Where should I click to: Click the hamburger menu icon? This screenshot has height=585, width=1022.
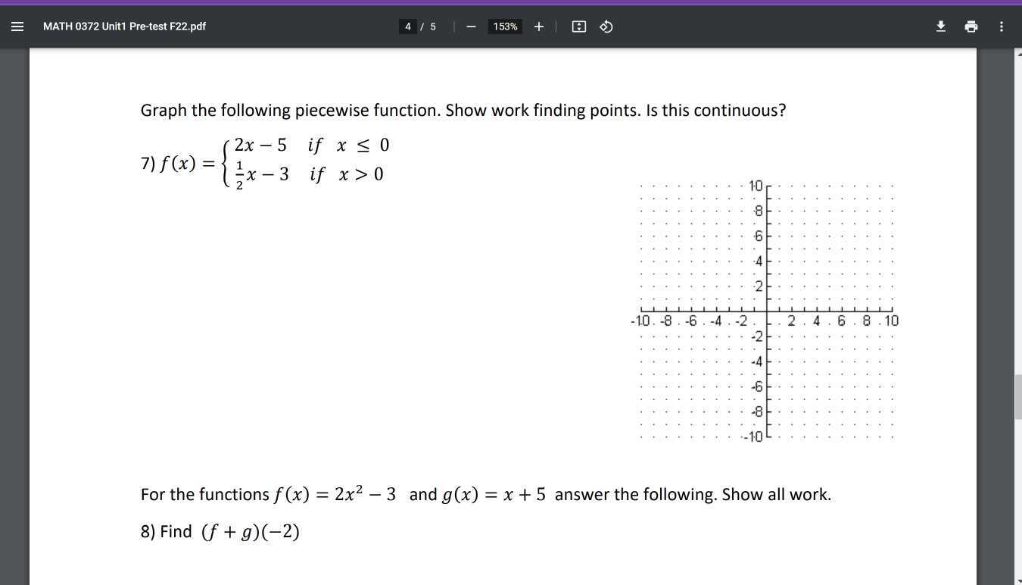pos(17,27)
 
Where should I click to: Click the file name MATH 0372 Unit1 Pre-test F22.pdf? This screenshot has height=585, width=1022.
pos(124,27)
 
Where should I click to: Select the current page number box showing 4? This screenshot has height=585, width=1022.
pos(408,27)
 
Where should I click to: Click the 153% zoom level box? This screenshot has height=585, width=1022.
pos(505,27)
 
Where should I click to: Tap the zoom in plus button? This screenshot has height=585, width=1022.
pos(538,27)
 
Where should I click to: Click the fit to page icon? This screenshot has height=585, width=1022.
pos(579,27)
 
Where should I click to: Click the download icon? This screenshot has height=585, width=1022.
pos(941,27)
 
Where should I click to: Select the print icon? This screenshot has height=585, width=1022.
pos(971,27)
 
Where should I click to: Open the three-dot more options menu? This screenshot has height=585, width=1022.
pos(1002,27)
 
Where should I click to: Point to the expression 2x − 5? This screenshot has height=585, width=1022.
pos(260,145)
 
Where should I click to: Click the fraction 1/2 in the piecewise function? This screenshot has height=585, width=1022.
pos(239,175)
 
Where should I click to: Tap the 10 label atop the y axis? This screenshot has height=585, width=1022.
pos(756,186)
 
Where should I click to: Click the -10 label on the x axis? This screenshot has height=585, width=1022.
pos(640,321)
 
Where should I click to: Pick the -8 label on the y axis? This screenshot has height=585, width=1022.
pos(756,411)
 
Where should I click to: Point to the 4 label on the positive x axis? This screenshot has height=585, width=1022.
pos(816,321)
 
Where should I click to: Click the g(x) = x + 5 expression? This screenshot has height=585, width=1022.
pos(494,495)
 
